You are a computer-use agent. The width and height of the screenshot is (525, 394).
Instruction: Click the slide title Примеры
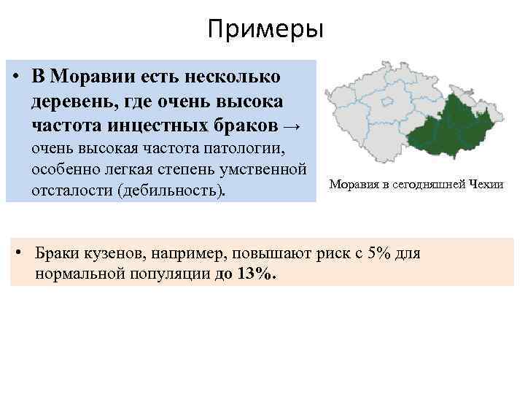264,30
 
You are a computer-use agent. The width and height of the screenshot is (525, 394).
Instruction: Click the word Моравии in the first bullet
90,77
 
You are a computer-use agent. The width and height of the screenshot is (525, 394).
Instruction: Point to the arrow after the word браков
289,125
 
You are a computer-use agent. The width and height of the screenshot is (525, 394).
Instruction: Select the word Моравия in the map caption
355,185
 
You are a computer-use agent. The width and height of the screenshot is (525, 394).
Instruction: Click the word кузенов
109,253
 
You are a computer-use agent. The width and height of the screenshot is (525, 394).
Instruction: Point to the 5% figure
379,253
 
